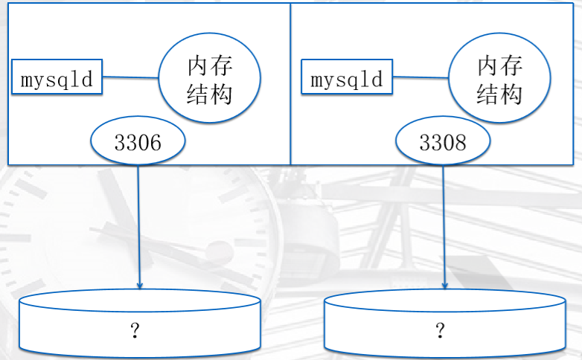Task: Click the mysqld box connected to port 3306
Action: click(57, 77)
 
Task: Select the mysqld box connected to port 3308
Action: click(347, 77)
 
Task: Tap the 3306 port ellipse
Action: click(138, 141)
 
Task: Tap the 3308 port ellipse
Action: click(443, 141)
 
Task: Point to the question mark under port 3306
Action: click(135, 330)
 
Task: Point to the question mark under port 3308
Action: click(440, 330)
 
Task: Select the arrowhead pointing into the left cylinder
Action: click(140, 286)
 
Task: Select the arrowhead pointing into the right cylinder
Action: click(444, 286)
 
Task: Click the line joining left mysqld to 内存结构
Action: click(131, 77)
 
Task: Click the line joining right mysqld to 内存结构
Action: click(420, 77)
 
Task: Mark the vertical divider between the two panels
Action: click(290, 84)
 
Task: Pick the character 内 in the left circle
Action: click(198, 66)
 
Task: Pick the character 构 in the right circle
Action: click(511, 94)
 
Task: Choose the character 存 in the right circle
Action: click(511, 65)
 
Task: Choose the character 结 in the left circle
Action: click(198, 94)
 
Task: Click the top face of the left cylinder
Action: click(140, 300)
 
